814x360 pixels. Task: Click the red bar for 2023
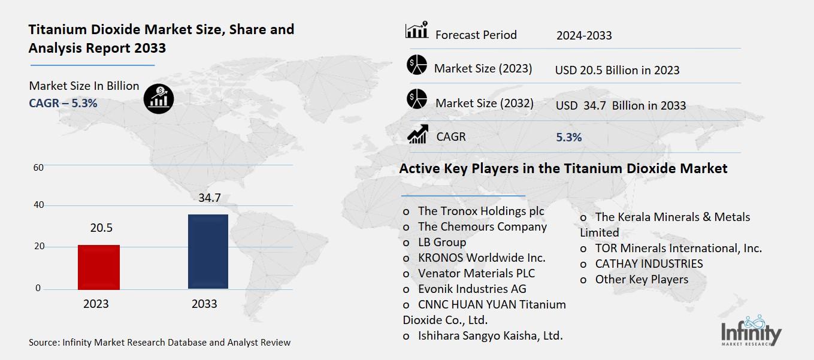(98, 267)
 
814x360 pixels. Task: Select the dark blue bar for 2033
(208, 252)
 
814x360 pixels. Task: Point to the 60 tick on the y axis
(38, 167)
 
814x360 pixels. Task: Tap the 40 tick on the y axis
(38, 205)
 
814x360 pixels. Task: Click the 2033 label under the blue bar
(204, 304)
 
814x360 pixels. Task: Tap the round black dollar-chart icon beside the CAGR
(159, 98)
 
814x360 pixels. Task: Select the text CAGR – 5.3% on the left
(63, 103)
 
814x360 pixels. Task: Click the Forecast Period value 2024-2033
(584, 35)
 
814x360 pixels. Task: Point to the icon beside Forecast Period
(417, 31)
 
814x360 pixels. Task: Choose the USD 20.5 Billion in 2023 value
(617, 70)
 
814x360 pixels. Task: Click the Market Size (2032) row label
(484, 103)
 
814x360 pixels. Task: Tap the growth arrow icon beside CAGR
(417, 135)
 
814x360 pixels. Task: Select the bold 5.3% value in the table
(568, 137)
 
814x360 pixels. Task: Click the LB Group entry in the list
(441, 242)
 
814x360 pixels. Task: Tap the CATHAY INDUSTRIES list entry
(649, 264)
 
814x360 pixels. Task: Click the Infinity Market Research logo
(751, 331)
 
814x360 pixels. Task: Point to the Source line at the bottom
(159, 343)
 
